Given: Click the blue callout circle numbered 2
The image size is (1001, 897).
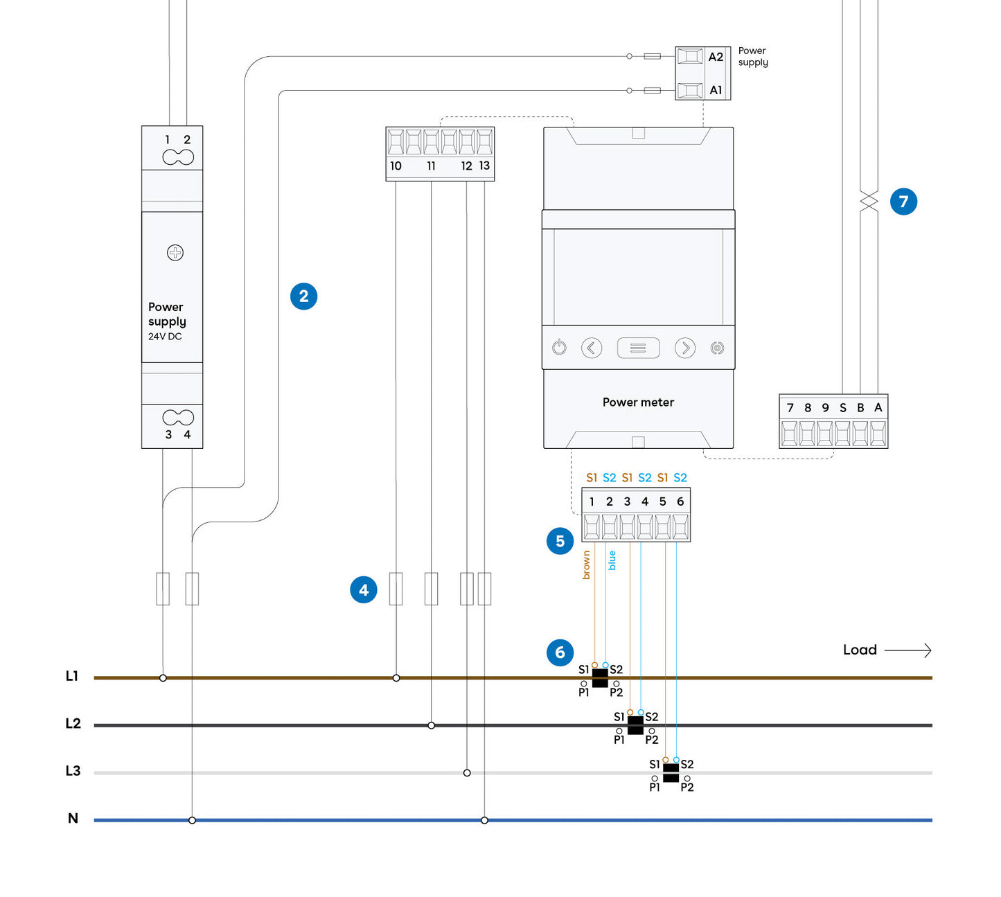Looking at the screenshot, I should pos(303,296).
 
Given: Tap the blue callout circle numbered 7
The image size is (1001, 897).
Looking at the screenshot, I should pos(903,202).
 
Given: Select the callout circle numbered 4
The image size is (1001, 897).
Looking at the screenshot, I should pos(364,590).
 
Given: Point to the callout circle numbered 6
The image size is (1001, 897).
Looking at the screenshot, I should pos(560,652).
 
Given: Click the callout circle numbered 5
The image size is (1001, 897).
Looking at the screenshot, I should pos(560,541).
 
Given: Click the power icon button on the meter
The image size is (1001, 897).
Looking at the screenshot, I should pos(559,348).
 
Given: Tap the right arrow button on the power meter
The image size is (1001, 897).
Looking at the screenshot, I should pos(685,348).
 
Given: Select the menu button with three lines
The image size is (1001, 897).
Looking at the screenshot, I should pos(638,348).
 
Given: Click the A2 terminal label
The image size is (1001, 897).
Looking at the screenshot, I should pos(716,57).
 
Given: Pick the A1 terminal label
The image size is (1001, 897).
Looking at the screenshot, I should pos(716,90).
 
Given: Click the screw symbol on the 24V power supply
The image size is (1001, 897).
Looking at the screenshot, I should pos(175,253).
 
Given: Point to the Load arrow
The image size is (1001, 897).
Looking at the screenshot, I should pos(908,650).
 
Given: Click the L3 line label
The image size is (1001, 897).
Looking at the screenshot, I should pos(73,771).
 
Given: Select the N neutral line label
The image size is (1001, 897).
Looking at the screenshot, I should pos(73,819).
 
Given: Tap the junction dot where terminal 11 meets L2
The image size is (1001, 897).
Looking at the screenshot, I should pos(431,725).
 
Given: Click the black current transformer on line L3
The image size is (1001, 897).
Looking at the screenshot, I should pos(671,772).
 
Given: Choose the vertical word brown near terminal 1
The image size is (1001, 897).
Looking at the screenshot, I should pos(587,565).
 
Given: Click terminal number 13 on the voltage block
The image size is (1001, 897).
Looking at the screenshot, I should pos(484,166).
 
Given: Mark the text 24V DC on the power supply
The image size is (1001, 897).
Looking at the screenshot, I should pos(165,337).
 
